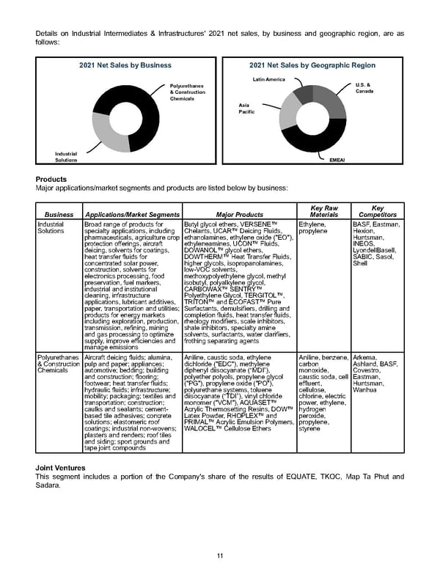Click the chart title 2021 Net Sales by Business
pos(125,65)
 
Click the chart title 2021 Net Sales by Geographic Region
pos(312,65)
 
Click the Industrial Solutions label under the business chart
pos(66,156)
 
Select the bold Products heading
pos(52,179)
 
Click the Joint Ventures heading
pos(63,467)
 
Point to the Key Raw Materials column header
pos(324,211)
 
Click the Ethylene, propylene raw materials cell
pos(314,227)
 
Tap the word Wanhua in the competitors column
pos(364,389)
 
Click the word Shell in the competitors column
pos(360,263)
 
